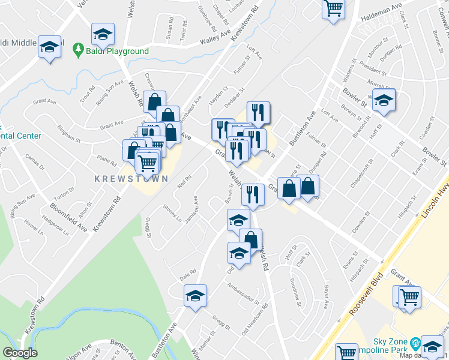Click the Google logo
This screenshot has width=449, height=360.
pos(20,353)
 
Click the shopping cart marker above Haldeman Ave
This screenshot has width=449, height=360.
pos(333,10)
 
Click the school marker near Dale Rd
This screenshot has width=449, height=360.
pos(195,295)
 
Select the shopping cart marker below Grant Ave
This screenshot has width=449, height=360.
pos(409,296)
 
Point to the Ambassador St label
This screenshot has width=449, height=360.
pos(243,294)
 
